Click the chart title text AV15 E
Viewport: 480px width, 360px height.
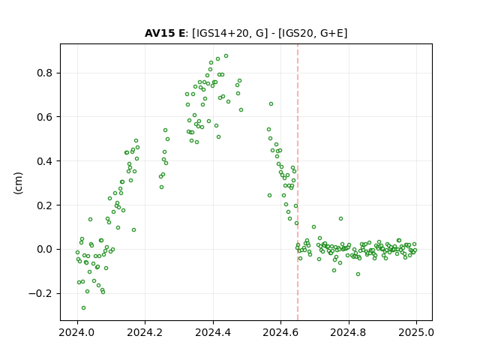click(x=165, y=33)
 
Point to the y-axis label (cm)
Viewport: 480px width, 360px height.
click(x=18, y=183)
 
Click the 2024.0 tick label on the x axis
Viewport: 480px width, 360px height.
click(x=77, y=332)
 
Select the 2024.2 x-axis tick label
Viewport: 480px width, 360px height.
click(x=145, y=332)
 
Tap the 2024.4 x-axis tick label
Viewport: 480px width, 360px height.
click(x=213, y=332)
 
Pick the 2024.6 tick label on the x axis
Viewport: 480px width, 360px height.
click(x=280, y=332)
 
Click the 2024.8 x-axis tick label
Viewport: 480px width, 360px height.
click(x=348, y=332)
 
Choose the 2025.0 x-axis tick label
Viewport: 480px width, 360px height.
click(x=416, y=332)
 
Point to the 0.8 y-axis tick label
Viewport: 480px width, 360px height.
click(x=45, y=73)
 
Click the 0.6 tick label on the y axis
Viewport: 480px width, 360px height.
click(x=45, y=117)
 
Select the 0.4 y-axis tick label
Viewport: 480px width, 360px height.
click(x=45, y=161)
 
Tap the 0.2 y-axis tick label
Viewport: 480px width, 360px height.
click(x=45, y=205)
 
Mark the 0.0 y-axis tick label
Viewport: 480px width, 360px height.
click(x=45, y=249)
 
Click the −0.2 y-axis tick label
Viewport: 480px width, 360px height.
click(x=40, y=293)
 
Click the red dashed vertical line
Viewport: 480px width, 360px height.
click(x=298, y=182)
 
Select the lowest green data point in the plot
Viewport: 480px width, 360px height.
click(x=83, y=307)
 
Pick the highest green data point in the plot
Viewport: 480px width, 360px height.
click(x=226, y=56)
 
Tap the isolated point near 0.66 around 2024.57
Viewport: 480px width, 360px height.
click(x=271, y=104)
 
